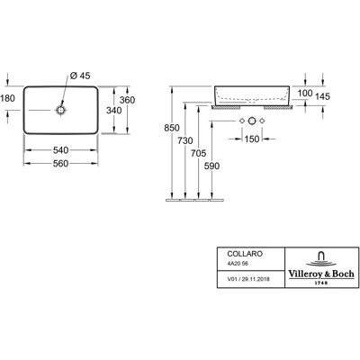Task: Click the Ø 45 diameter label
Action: pyautogui.click(x=80, y=76)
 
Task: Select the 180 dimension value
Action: pyautogui.click(x=7, y=98)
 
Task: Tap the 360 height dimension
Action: pyautogui.click(x=127, y=100)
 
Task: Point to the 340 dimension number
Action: pyautogui.click(x=114, y=111)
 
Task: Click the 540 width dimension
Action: pyautogui.click(x=60, y=149)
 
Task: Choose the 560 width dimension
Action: pyautogui.click(x=60, y=164)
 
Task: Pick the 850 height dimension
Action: pyautogui.click(x=172, y=128)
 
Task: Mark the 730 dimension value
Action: pyautogui.click(x=185, y=140)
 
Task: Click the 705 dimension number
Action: pyautogui.click(x=199, y=153)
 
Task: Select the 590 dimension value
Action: pyautogui.click(x=211, y=166)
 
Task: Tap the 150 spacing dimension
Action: pyautogui.click(x=252, y=139)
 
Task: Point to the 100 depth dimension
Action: pyautogui.click(x=305, y=94)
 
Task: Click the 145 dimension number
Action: pyautogui.click(x=322, y=96)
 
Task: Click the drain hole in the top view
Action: pyautogui.click(x=60, y=111)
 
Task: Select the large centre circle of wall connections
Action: pyautogui.click(x=252, y=121)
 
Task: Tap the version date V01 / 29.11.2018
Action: pyautogui.click(x=248, y=279)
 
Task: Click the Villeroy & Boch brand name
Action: pyautogui.click(x=321, y=274)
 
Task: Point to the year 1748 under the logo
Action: pyautogui.click(x=321, y=283)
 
